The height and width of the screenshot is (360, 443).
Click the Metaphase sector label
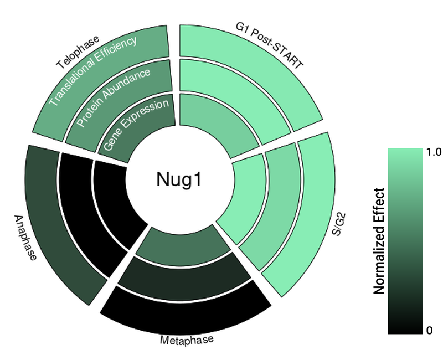click(x=187, y=340)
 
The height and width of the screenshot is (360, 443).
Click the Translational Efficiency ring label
click(x=92, y=71)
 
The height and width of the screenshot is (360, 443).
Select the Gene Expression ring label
click(x=136, y=125)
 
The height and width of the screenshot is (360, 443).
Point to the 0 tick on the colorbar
click(x=429, y=331)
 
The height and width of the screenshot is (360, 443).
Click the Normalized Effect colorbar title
click(x=379, y=241)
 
